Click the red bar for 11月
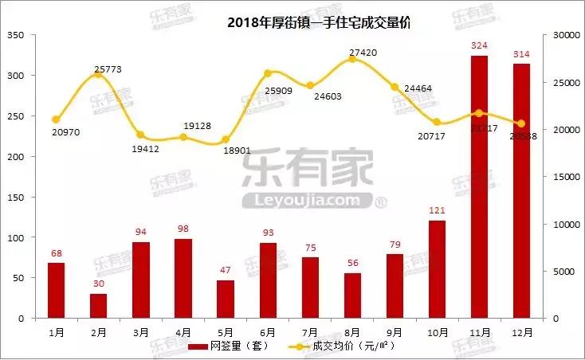(x=479, y=187)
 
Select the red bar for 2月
(x=98, y=306)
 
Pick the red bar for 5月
(x=226, y=299)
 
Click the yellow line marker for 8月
(x=352, y=60)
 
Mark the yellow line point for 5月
(x=226, y=139)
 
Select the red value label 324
(x=479, y=46)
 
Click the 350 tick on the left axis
(x=16, y=35)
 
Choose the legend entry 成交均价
(x=343, y=346)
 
